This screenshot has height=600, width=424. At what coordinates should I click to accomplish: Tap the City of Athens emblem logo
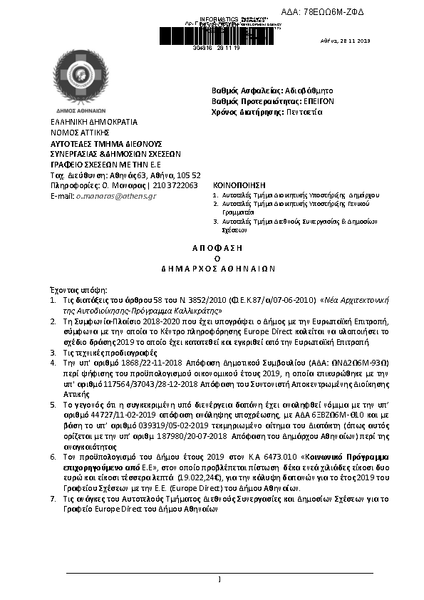(x=81, y=76)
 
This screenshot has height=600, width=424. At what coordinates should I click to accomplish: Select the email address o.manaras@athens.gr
(x=116, y=195)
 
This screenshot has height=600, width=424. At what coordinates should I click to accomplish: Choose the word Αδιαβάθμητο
(x=309, y=90)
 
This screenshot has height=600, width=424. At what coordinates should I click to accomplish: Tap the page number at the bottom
(x=219, y=579)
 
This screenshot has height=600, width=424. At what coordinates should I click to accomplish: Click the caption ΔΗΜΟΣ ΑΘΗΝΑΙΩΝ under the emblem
(x=81, y=110)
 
